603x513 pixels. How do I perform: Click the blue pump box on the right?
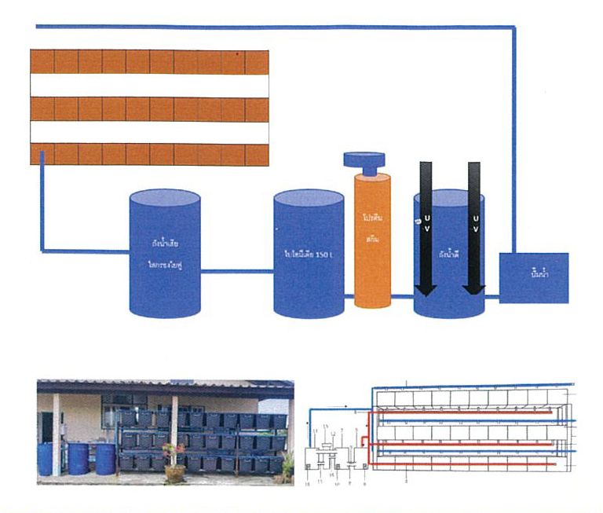tap(533, 278)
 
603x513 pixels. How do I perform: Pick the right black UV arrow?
tap(473, 228)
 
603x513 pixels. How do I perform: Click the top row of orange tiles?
tap(149, 62)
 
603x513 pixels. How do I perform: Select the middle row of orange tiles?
tap(149, 108)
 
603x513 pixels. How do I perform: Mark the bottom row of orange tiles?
tap(149, 154)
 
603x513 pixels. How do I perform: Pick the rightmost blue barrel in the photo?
tap(105, 458)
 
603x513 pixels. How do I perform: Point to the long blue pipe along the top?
tap(275, 27)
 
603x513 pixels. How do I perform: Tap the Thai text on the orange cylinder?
tap(372, 225)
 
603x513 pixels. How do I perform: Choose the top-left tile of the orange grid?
tap(42, 62)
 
